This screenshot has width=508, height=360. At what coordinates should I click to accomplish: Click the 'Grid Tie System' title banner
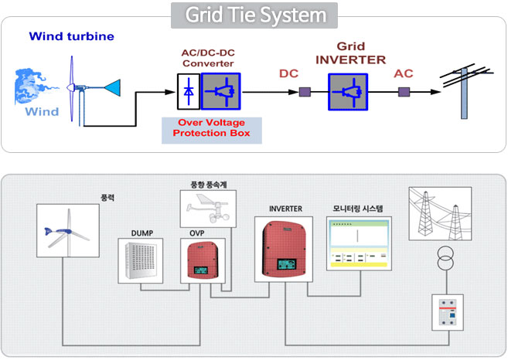254,15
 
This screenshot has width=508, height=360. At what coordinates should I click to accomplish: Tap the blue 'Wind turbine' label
71,36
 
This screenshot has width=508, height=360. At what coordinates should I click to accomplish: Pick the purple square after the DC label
305,92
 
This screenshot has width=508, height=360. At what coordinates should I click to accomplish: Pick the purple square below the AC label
404,92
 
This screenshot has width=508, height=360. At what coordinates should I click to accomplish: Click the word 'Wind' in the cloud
42,112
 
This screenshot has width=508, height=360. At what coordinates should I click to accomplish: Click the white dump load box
141,260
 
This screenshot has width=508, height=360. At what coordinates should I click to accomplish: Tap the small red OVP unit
199,262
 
